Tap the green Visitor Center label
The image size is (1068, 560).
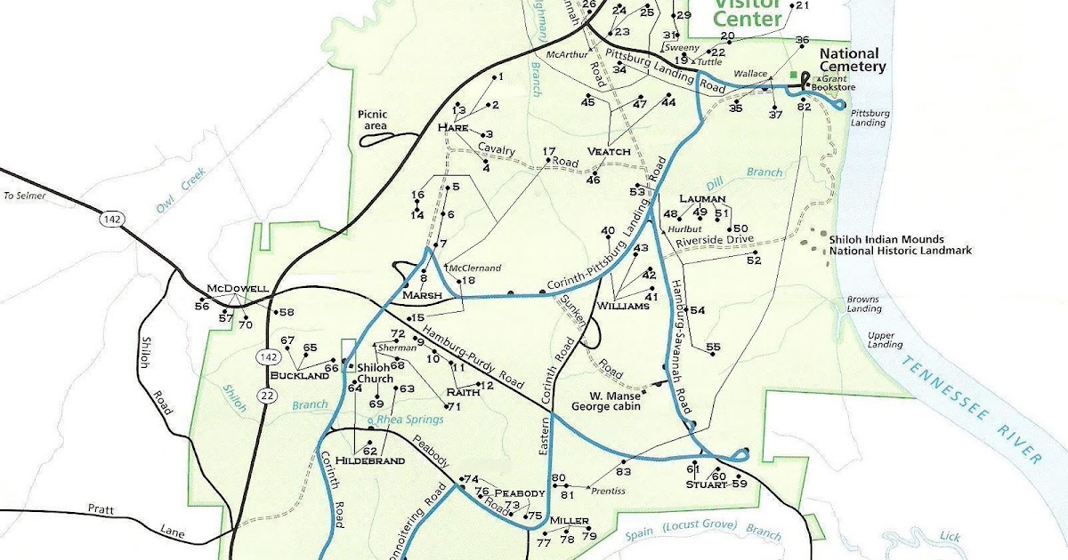748,12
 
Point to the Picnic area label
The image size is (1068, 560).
374,119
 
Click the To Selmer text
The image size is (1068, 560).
24,196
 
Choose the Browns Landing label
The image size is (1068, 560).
863,304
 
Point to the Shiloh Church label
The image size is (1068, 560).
374,374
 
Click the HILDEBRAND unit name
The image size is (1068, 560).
369,460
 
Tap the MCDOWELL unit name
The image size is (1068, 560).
237,289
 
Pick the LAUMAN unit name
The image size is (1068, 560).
702,198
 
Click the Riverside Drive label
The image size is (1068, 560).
715,240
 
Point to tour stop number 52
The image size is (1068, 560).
754,260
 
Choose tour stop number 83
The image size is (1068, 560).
623,472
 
